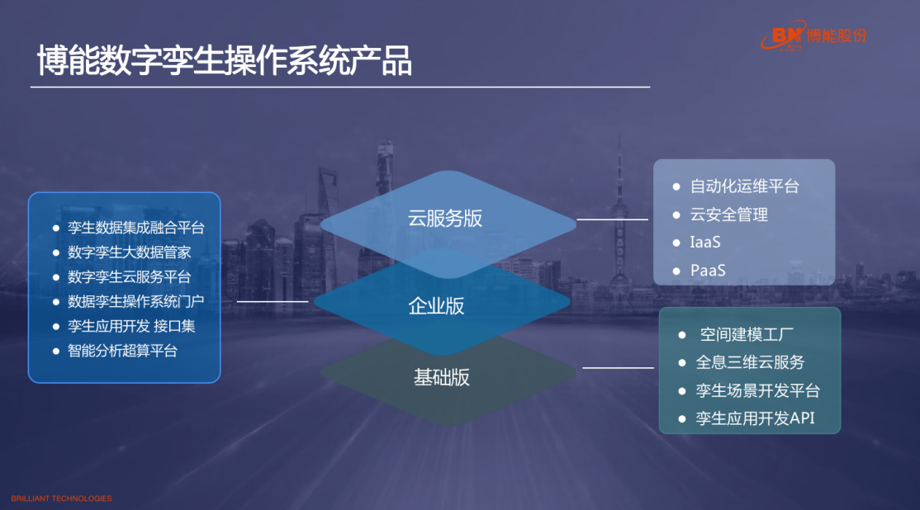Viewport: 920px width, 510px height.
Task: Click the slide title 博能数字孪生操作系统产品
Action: [224, 60]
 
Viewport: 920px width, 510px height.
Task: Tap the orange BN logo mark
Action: [784, 37]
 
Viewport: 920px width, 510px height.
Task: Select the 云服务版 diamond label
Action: [445, 218]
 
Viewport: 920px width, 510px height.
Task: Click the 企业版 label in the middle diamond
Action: [436, 305]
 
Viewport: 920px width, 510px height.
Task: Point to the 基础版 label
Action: [442, 377]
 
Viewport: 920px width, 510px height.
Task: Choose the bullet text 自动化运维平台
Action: [745, 187]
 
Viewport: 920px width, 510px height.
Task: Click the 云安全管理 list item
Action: [728, 215]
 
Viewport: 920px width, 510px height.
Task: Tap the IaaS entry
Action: [705, 242]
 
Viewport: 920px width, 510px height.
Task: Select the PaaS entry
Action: [709, 270]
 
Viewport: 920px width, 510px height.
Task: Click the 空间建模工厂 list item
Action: [747, 335]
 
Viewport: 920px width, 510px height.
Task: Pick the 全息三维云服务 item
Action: [750, 362]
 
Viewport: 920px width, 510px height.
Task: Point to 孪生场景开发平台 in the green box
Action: [757, 390]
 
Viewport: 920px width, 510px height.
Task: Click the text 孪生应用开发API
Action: [755, 418]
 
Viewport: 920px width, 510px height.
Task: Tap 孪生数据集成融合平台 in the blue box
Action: [136, 228]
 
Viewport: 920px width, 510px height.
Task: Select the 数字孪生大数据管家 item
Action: [129, 252]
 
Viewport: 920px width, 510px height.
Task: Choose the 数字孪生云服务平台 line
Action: [129, 276]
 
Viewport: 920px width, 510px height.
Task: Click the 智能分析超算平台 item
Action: [122, 351]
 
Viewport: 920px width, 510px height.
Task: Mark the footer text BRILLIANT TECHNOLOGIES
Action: [62, 498]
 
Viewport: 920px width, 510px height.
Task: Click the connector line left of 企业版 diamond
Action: [273, 301]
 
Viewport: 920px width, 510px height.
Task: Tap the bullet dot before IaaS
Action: [676, 243]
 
